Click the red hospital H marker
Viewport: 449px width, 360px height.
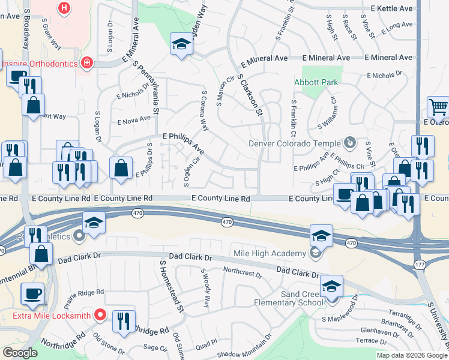coord(64,8)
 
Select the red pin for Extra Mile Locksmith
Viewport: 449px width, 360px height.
coord(101,314)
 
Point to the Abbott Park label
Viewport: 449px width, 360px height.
coord(316,82)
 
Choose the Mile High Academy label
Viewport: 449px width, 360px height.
coord(272,253)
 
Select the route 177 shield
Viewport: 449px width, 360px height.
coord(420,265)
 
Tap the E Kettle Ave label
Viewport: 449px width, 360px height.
coord(391,8)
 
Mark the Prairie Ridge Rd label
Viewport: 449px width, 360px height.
coord(83,292)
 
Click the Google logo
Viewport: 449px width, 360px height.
coord(20,353)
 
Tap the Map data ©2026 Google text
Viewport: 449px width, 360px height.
coord(411,355)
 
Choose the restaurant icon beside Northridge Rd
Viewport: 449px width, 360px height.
coord(124,320)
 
